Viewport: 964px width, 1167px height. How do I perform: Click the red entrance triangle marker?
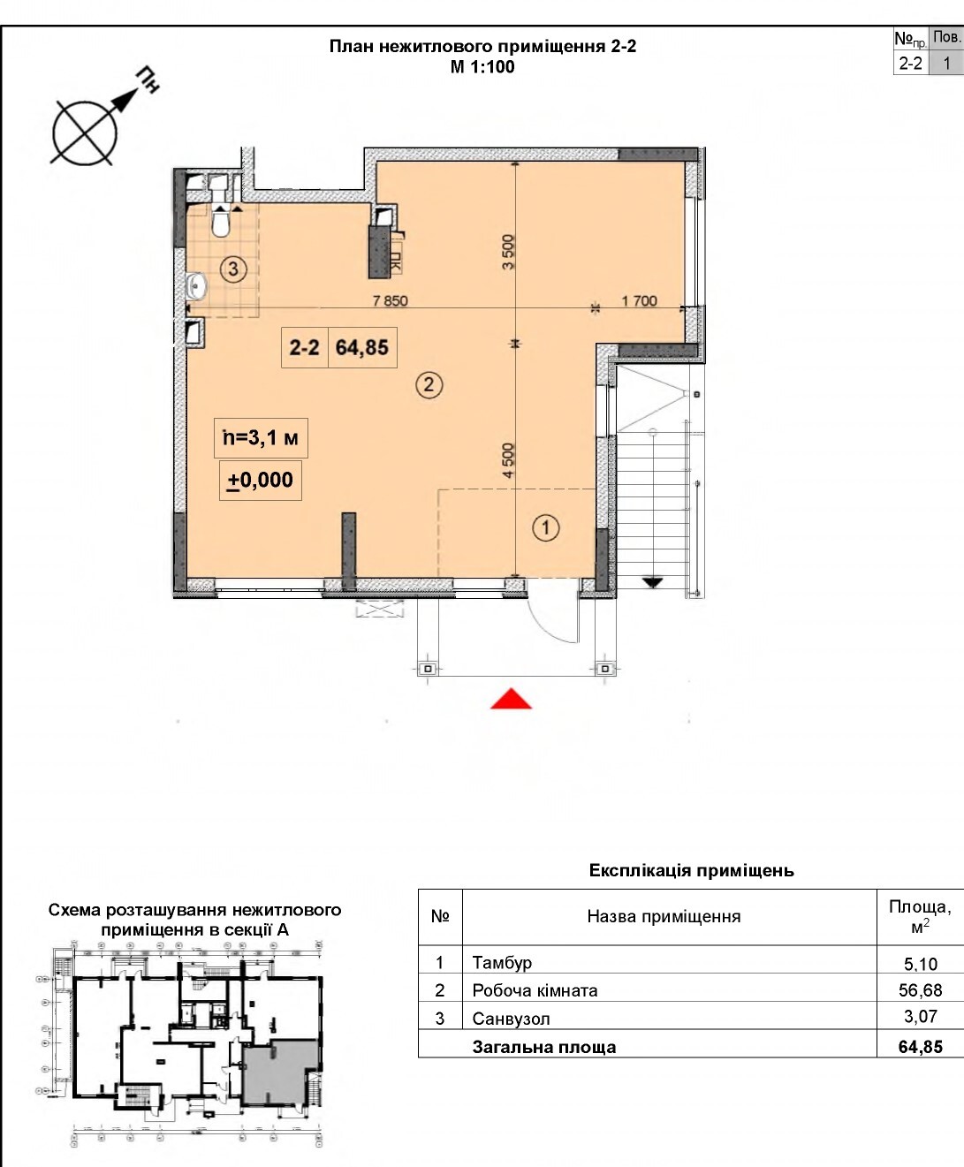tap(512, 700)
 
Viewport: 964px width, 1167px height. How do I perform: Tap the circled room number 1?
tap(546, 528)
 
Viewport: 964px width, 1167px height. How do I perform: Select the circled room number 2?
tap(429, 385)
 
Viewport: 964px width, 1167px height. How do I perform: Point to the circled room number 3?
tap(233, 269)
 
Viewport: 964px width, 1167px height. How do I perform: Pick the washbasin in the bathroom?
tap(196, 286)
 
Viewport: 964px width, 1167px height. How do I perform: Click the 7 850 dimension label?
tap(390, 300)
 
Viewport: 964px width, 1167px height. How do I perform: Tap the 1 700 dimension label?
tap(639, 300)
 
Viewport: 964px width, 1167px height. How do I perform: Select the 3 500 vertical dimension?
tap(508, 252)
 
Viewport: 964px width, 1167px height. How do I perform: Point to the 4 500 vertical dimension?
tap(508, 460)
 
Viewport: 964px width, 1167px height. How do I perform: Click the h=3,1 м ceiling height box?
tap(261, 437)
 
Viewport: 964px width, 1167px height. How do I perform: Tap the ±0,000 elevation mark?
tap(261, 481)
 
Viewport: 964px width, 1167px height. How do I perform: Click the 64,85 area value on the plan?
tap(362, 347)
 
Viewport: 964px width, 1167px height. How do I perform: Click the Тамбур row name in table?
tap(502, 962)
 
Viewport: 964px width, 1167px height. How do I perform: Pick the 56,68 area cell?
tap(920, 990)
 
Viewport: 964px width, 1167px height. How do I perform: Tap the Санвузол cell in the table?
tap(511, 1019)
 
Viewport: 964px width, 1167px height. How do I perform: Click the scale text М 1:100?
tap(482, 67)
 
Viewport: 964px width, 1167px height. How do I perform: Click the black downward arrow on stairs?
tap(652, 582)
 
